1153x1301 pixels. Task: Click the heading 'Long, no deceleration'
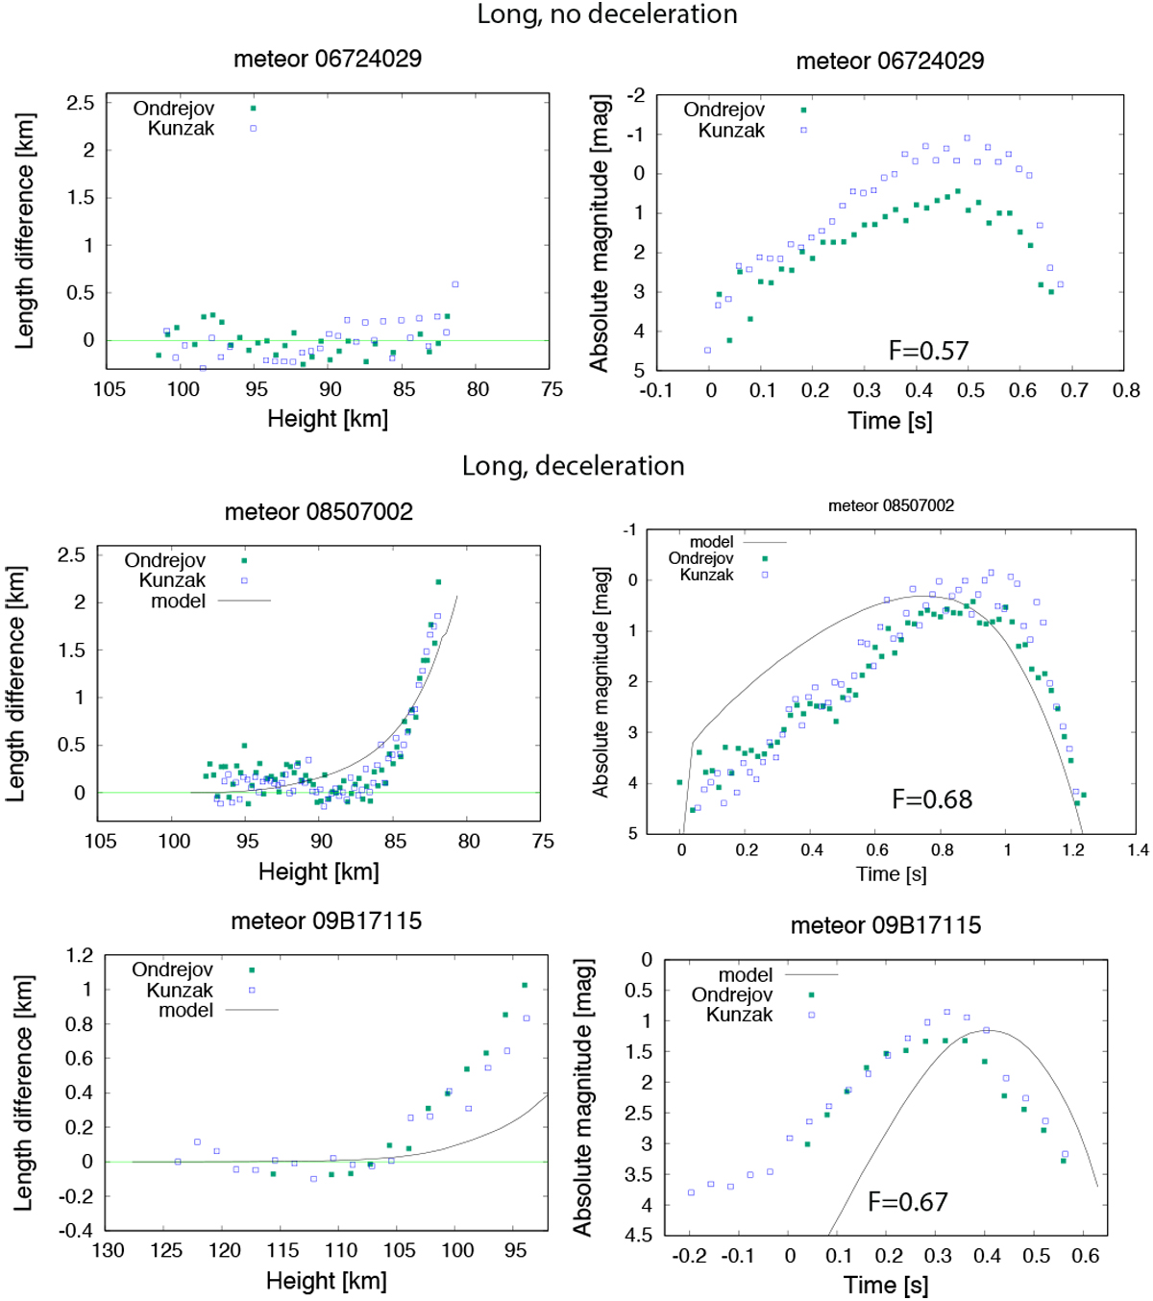tap(607, 14)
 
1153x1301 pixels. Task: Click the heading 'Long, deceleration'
tap(573, 466)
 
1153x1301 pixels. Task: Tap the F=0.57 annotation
tap(928, 351)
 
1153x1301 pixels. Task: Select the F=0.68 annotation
tap(932, 799)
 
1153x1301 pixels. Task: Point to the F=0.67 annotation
tap(907, 1202)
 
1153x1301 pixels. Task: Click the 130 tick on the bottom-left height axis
tap(108, 1250)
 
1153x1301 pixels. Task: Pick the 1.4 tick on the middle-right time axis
tap(1138, 850)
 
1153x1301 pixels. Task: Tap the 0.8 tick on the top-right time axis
tap(1126, 390)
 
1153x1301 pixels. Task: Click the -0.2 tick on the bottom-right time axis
tap(688, 1256)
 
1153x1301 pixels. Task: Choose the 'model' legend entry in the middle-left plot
tap(179, 601)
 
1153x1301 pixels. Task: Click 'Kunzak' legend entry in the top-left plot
tap(181, 129)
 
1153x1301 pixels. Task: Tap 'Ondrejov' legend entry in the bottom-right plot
tap(732, 994)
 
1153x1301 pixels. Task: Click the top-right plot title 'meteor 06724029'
tap(890, 61)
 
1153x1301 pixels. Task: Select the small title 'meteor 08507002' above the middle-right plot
tap(891, 505)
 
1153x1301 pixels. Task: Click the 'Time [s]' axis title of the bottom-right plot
tap(886, 1286)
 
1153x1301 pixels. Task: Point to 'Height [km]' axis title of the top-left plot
tap(328, 419)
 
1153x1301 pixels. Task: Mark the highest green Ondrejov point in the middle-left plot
tap(438, 581)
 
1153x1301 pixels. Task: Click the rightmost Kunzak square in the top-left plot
tap(455, 284)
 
